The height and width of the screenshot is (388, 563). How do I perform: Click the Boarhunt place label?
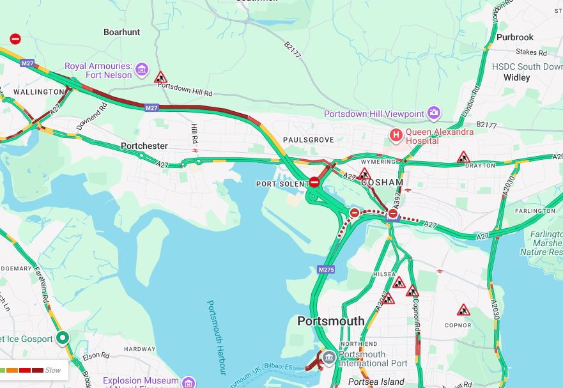pos(121,32)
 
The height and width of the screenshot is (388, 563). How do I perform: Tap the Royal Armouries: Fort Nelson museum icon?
pos(142,69)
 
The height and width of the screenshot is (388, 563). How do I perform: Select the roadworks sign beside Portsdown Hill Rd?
pos(160,77)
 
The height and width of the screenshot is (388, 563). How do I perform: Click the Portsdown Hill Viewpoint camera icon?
pos(434,114)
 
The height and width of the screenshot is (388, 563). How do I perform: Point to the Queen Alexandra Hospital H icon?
pos(396,135)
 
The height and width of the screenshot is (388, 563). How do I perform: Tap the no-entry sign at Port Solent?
pos(314,182)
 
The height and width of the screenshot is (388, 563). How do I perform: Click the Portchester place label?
pos(144,146)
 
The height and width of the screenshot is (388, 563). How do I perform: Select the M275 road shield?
pos(326,270)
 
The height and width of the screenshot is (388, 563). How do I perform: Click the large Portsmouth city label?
pos(330,321)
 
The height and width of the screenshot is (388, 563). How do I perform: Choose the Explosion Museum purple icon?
pos(188,383)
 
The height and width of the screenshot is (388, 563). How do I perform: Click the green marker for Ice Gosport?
pos(63,338)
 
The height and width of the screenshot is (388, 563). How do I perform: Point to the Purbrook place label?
pos(514,38)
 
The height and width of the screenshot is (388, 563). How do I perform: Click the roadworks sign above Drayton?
pos(463,157)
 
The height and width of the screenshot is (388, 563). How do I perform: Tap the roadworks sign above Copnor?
pos(463,311)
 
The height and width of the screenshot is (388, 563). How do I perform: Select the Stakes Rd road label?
pos(531,52)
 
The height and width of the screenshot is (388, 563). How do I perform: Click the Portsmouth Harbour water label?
pos(217,337)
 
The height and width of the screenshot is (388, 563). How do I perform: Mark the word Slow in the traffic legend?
pos(53,370)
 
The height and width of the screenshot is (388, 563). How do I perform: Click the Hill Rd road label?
pos(194,134)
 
